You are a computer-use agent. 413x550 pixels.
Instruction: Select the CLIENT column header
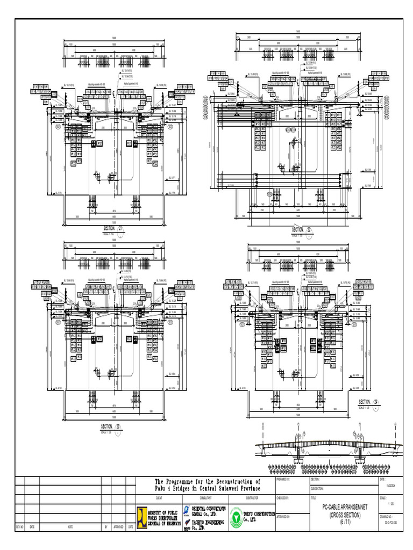pos(158,498)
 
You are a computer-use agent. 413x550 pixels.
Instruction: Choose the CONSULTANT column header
pos(204,498)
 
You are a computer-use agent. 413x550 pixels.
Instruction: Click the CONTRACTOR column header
pos(251,498)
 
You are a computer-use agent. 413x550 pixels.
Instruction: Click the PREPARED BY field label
pos(283,479)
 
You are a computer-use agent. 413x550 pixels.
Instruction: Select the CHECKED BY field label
pos(283,498)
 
